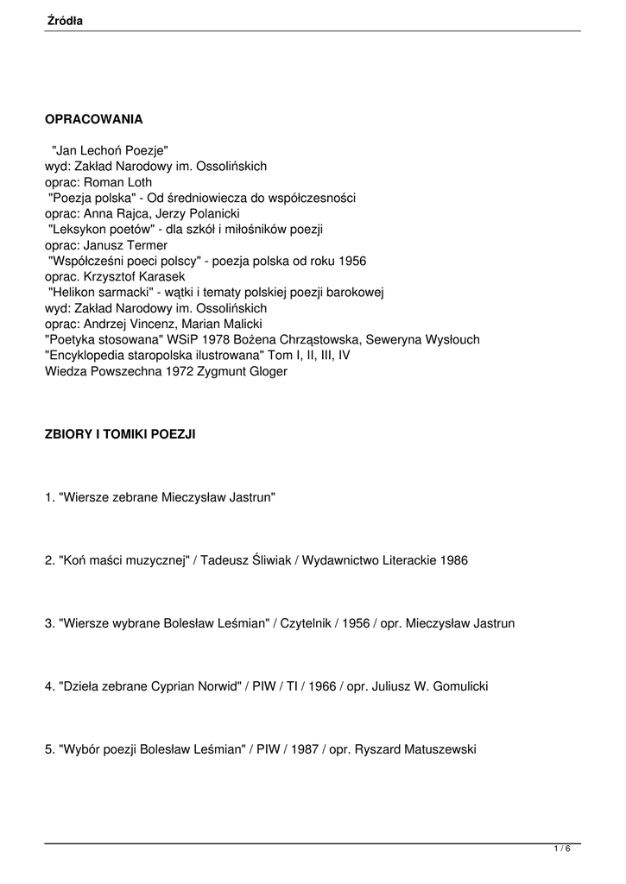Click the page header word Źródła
(65, 20)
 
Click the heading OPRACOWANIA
(93, 118)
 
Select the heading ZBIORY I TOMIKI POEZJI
(120, 434)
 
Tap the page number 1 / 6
(562, 849)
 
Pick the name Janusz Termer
(127, 245)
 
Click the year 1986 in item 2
(453, 560)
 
